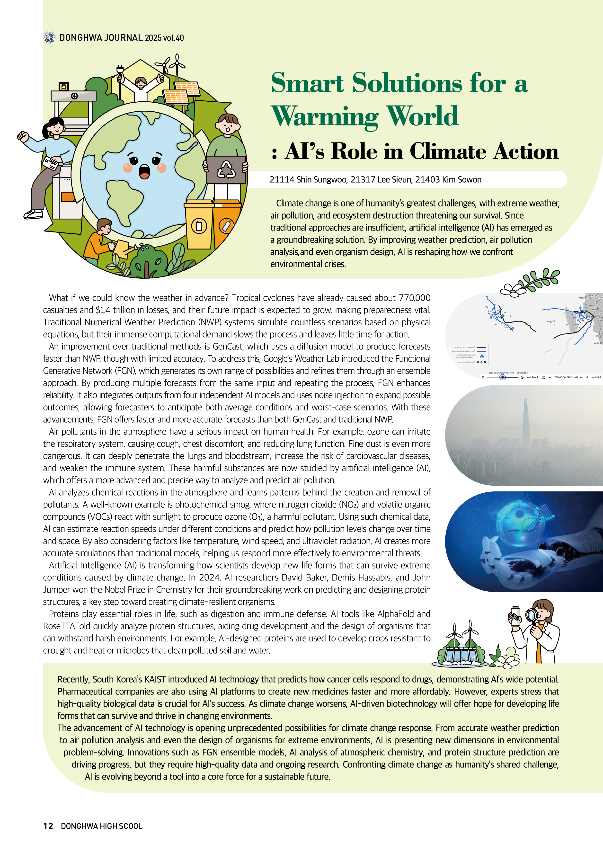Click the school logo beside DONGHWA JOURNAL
pyautogui.click(x=49, y=37)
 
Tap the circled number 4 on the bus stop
pyautogui.click(x=74, y=96)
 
